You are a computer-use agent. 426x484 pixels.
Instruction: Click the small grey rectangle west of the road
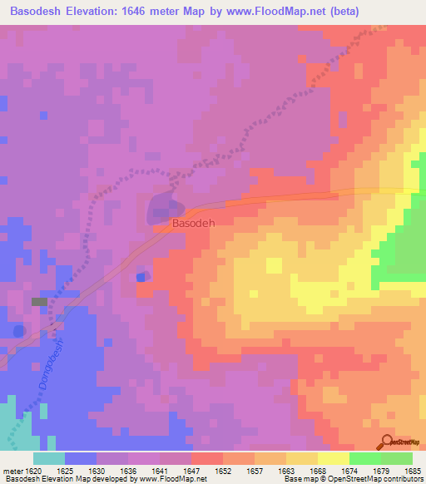[39, 301]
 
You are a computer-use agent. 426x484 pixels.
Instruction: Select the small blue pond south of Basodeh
[141, 277]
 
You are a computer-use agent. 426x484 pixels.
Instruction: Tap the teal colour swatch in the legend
[49, 458]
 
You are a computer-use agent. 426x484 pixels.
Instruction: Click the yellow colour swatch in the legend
[333, 458]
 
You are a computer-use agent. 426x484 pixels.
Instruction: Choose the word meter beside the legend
[12, 470]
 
